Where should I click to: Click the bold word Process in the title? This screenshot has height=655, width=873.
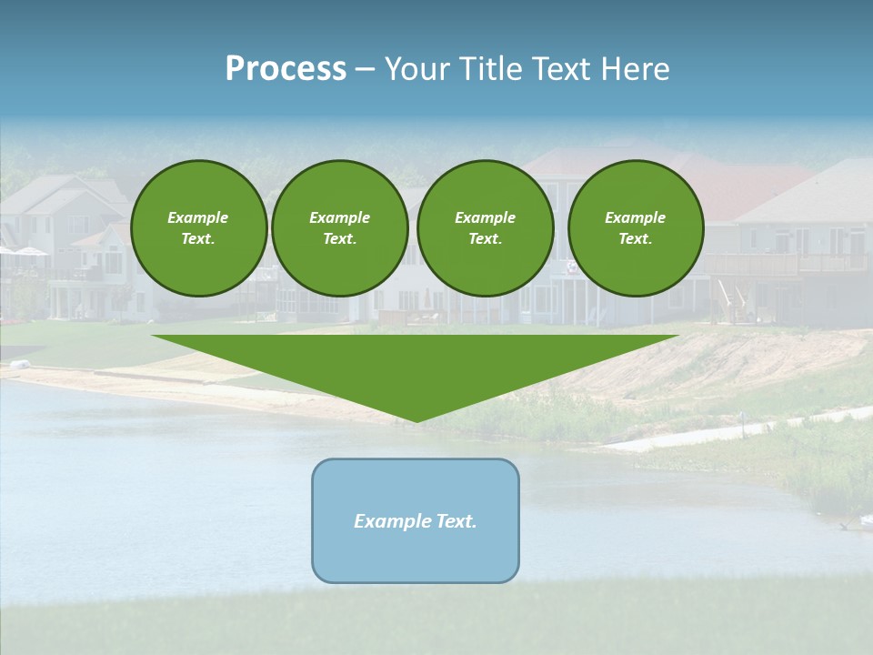(286, 69)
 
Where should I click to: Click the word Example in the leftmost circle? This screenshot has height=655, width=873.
(198, 217)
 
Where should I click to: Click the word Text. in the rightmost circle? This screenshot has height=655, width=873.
(636, 238)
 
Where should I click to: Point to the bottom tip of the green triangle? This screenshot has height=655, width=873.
(416, 421)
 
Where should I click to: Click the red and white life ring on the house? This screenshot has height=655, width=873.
(571, 267)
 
